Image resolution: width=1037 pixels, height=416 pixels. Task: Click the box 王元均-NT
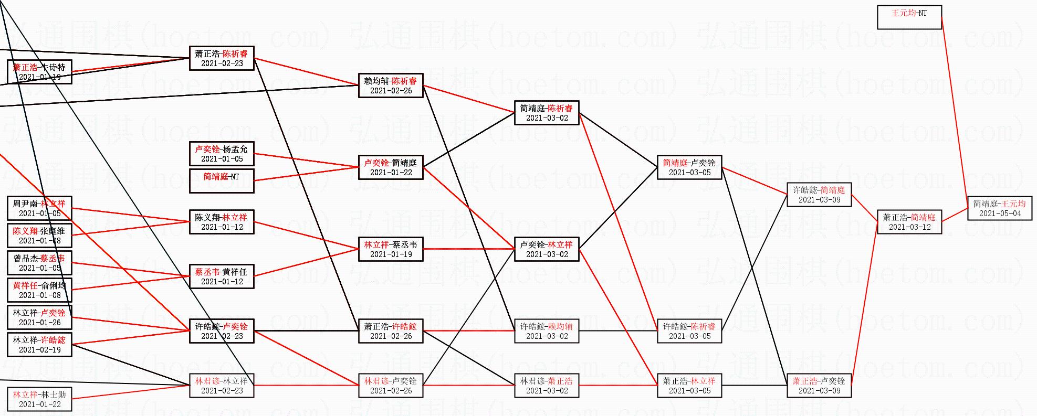click(x=909, y=17)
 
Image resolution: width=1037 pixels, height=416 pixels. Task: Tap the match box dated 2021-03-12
click(x=909, y=222)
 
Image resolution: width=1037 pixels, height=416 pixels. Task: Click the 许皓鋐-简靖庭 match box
click(x=819, y=195)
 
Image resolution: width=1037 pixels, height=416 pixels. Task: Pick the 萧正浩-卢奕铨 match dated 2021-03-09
click(x=819, y=386)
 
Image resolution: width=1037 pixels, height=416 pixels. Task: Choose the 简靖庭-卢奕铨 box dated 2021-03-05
click(x=689, y=167)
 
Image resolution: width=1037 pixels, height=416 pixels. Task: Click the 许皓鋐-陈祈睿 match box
click(x=689, y=331)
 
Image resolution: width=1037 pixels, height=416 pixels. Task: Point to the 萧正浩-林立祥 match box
click(x=689, y=386)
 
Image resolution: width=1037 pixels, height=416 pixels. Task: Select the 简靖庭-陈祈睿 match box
click(x=547, y=113)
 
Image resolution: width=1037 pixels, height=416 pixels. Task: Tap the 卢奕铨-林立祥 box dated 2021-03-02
click(x=547, y=249)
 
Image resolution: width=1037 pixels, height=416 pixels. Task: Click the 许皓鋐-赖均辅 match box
click(x=547, y=331)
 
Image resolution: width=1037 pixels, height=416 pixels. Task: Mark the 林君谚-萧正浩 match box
click(x=547, y=386)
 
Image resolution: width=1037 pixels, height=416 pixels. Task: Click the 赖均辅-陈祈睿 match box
click(x=391, y=86)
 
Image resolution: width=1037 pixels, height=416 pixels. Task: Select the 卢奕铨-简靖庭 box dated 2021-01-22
click(x=391, y=167)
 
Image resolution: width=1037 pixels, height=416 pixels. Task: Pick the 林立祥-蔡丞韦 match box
click(x=391, y=249)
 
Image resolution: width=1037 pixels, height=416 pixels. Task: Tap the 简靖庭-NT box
click(x=222, y=180)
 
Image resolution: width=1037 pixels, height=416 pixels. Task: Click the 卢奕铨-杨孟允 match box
click(x=222, y=154)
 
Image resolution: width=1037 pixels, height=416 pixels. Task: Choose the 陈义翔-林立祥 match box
click(x=222, y=222)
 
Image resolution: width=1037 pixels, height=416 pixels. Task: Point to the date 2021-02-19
click(x=40, y=350)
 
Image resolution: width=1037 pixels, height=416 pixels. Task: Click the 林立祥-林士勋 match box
click(x=40, y=399)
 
